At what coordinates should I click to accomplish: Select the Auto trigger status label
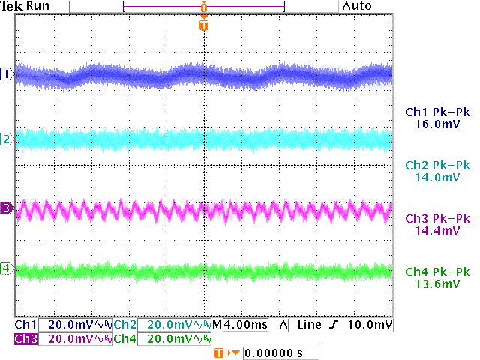click(x=356, y=6)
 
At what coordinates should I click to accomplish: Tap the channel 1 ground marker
click(x=7, y=73)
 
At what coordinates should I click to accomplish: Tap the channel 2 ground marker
click(x=7, y=139)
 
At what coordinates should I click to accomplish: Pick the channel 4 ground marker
click(x=7, y=268)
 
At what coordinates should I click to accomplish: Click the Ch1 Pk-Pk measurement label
click(x=436, y=112)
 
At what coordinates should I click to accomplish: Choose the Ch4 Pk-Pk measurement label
click(x=436, y=271)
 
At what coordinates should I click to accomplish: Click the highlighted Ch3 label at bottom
click(x=25, y=339)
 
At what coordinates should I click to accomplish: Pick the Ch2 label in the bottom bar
click(x=125, y=325)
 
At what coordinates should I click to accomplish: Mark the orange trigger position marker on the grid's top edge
click(x=204, y=26)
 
